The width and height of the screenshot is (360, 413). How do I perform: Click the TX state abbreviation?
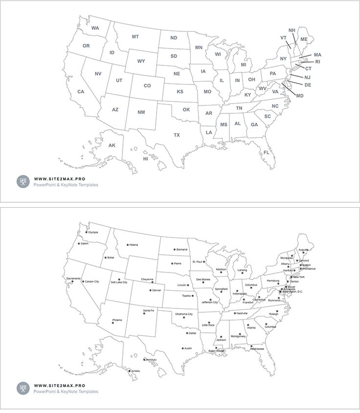coord(177,135)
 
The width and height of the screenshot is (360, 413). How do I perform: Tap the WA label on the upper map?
coord(95,28)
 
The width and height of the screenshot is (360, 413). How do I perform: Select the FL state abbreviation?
coord(267,152)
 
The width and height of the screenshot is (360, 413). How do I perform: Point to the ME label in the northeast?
coord(304,39)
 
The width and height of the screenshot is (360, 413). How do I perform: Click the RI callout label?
coord(317,62)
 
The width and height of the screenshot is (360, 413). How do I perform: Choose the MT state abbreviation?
coord(135,37)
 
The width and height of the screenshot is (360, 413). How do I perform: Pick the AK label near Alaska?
coord(112,145)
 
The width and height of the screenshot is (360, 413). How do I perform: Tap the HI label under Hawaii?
coord(145,159)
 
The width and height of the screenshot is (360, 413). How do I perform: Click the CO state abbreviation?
coord(147,86)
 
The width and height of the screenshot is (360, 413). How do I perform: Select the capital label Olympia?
coord(93,232)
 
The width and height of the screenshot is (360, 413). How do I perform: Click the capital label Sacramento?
coord(73,278)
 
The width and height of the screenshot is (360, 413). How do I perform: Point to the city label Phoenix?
coord(117,320)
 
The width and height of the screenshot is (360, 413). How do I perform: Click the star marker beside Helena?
coord(128,244)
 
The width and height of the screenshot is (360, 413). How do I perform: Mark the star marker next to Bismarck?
coord(174,249)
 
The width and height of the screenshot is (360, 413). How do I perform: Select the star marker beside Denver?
coord(150,290)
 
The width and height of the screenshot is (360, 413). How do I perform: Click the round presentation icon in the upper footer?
coord(22,182)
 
